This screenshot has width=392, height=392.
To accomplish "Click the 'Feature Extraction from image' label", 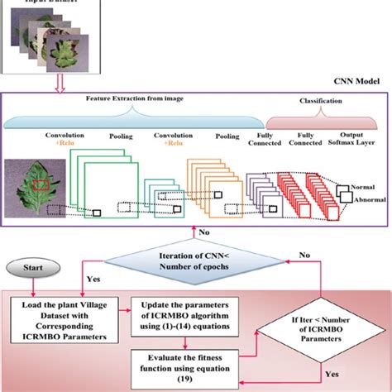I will click(145, 98).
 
